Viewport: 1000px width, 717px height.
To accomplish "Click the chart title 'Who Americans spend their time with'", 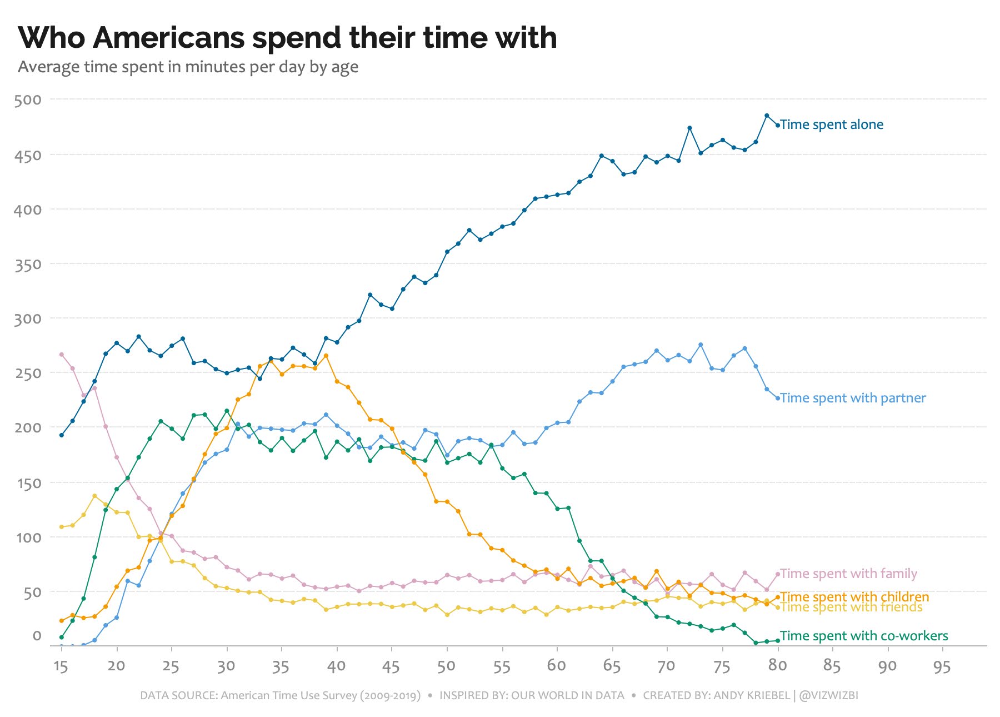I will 287,38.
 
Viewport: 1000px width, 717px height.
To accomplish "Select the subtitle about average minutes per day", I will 188,67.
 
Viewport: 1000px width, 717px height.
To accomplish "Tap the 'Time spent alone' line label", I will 831,125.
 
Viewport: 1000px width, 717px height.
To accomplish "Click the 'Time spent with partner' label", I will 853,398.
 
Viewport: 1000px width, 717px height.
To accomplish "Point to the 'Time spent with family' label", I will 848,574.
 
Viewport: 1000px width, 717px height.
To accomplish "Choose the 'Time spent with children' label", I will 854,597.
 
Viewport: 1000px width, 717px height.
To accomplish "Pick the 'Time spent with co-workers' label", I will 864,636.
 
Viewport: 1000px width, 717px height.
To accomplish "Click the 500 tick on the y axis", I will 28,100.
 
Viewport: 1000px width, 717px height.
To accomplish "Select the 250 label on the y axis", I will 28,374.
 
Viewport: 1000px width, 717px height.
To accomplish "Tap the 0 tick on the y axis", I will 37,636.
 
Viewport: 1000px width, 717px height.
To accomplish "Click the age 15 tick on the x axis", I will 61,666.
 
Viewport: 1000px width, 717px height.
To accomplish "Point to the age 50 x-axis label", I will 446,666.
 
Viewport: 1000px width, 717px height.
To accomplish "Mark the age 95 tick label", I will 942,666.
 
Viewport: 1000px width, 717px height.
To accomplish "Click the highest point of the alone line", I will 767,116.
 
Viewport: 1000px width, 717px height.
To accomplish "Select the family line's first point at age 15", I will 62,354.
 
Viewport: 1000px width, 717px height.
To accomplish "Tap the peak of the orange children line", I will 326,356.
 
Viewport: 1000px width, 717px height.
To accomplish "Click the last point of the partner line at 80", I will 778,398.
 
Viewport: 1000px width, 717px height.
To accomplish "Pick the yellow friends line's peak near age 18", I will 94,496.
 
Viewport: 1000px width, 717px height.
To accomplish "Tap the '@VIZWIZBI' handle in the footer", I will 828,696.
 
